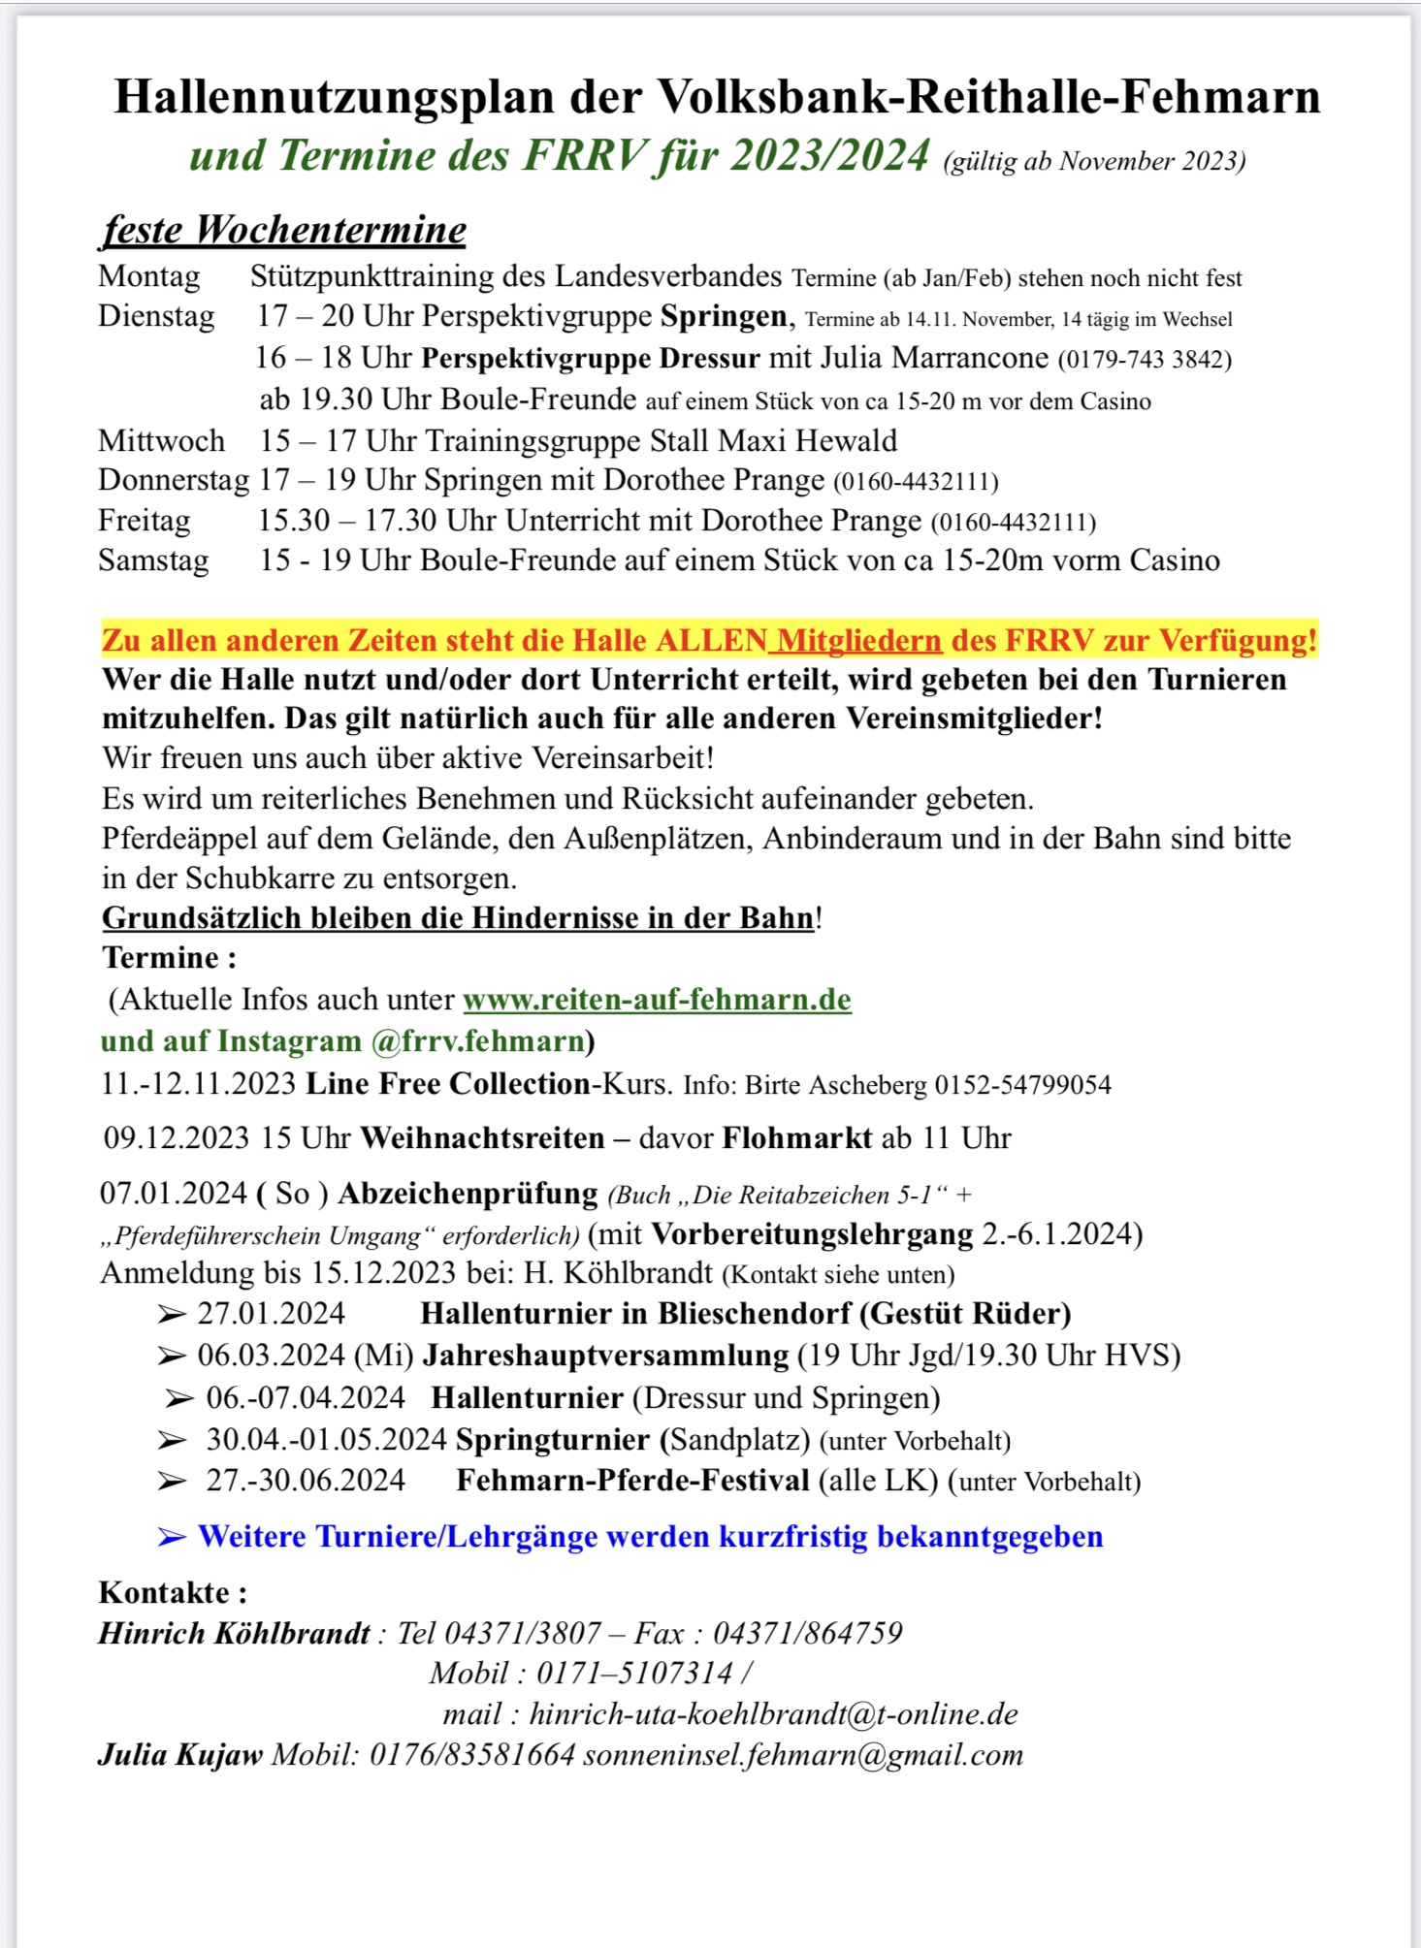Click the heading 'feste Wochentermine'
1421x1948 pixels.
284,231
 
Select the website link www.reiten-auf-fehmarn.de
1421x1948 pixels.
657,1000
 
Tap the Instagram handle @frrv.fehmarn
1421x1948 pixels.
477,1041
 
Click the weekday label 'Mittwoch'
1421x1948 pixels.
161,441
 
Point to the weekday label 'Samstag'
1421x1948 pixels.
153,561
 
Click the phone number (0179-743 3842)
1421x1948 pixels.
1145,360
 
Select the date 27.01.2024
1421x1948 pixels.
272,1314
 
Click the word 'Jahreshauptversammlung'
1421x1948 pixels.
605,1356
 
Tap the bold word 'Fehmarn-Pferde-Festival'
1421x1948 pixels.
632,1481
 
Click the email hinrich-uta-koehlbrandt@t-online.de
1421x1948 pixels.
773,1714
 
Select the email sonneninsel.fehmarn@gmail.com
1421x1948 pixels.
803,1755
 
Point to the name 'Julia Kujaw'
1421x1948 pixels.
180,1755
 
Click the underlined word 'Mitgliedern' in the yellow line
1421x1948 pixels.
859,641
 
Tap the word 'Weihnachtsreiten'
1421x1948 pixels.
482,1138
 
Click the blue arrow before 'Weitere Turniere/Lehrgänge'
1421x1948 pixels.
172,1537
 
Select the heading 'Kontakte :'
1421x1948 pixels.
173,1592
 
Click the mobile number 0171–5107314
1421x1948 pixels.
634,1674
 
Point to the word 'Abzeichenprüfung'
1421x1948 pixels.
468,1194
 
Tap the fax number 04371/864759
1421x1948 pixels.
807,1634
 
